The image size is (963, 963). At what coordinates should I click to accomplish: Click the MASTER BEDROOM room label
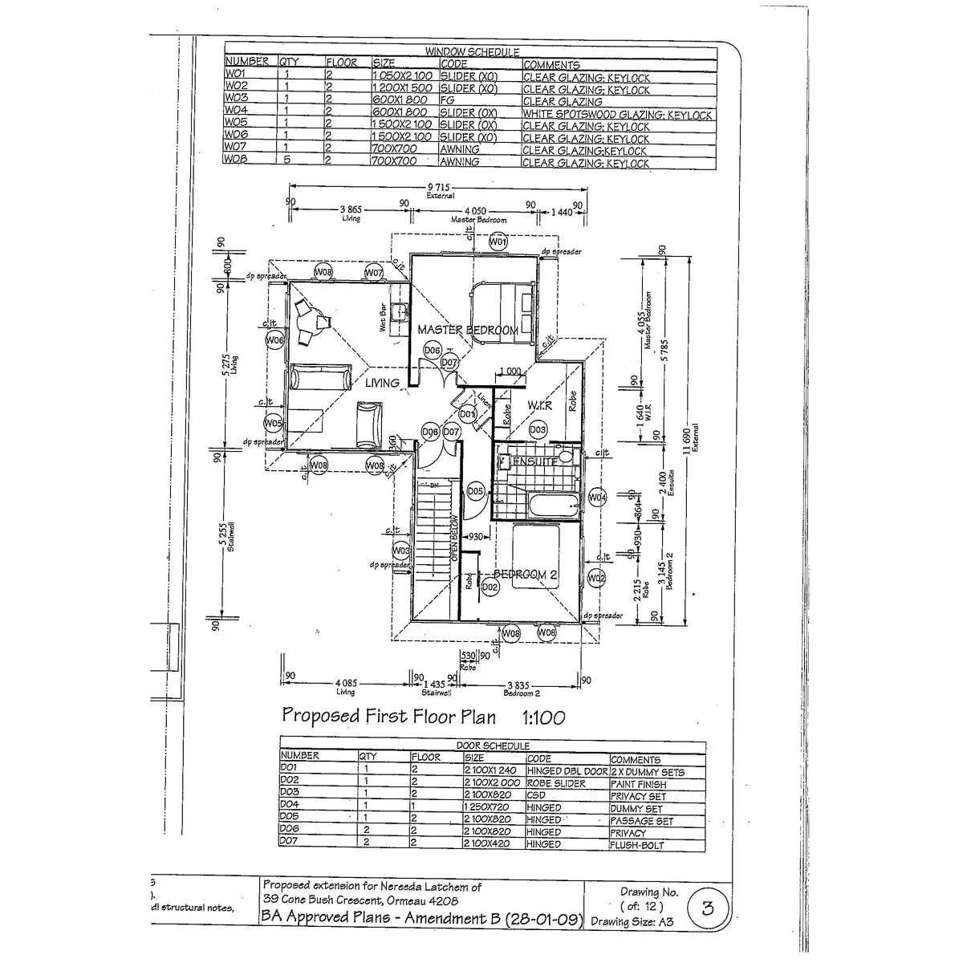pyautogui.click(x=467, y=330)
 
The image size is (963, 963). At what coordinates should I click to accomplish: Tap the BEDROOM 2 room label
pyautogui.click(x=525, y=575)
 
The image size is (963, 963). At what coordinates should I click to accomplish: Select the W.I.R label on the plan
pyautogui.click(x=539, y=406)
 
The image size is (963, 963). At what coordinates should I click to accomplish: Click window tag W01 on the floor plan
pyautogui.click(x=498, y=242)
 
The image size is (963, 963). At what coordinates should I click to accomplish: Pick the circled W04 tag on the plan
pyautogui.click(x=597, y=498)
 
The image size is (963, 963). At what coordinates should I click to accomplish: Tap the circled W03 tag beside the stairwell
pyautogui.click(x=401, y=551)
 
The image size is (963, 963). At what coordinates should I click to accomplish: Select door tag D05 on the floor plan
pyautogui.click(x=474, y=491)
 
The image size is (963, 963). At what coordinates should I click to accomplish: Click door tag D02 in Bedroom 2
pyautogui.click(x=491, y=587)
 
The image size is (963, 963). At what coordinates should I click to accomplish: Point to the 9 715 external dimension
pyautogui.click(x=440, y=186)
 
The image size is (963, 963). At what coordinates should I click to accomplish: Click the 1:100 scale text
pyautogui.click(x=543, y=717)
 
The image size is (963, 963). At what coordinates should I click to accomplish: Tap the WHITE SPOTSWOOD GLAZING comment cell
pyautogui.click(x=617, y=115)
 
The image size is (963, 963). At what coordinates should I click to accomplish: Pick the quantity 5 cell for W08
pyautogui.click(x=287, y=162)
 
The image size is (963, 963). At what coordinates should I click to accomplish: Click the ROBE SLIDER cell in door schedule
pyautogui.click(x=556, y=784)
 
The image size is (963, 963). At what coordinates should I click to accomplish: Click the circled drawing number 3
pyautogui.click(x=708, y=908)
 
